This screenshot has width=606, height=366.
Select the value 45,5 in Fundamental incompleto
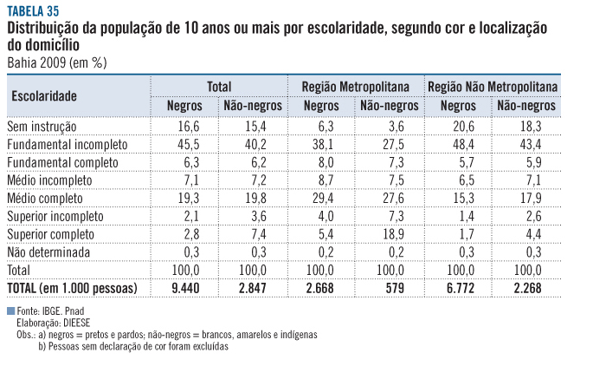[190, 144]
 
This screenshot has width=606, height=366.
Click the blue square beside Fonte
[10, 310]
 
